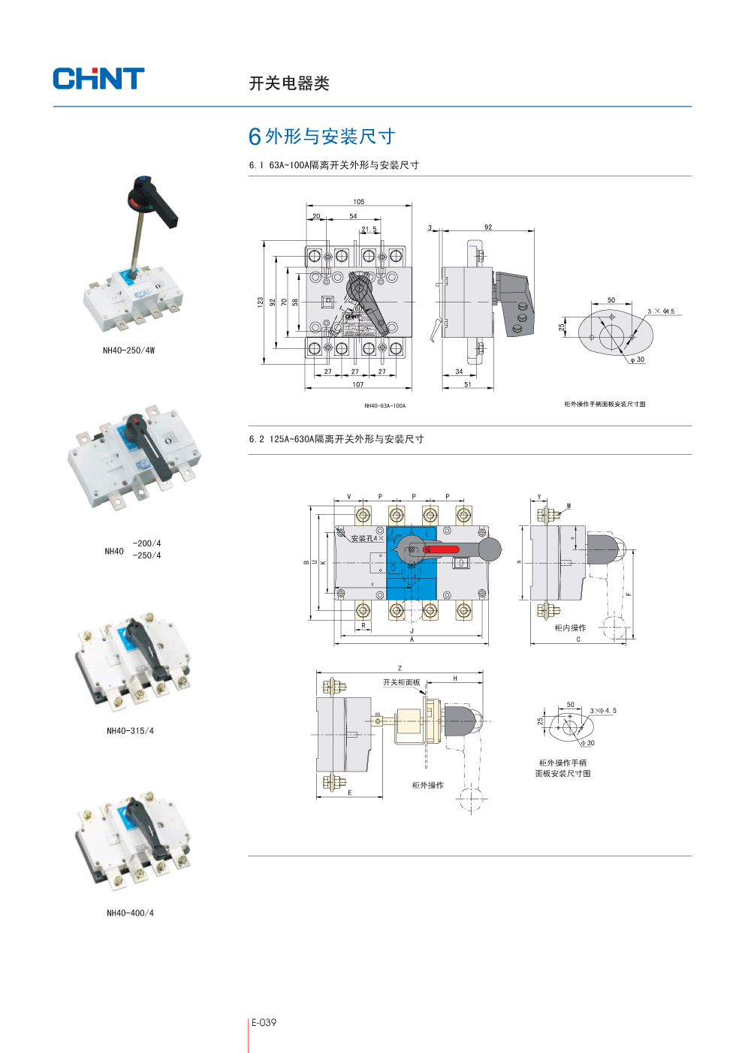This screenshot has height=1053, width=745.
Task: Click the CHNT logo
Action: [98, 79]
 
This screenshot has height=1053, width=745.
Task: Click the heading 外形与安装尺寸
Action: [330, 137]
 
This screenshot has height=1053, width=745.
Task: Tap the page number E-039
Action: [264, 1022]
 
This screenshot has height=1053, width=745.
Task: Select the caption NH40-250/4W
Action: [128, 350]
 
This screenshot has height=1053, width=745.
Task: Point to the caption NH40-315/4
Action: [130, 731]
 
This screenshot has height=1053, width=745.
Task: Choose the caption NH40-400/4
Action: [130, 913]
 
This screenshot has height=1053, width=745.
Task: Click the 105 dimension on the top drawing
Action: [359, 202]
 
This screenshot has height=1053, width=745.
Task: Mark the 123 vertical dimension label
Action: [261, 302]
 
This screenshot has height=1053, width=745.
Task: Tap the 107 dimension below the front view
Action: [358, 385]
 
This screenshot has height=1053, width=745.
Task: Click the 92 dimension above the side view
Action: [488, 227]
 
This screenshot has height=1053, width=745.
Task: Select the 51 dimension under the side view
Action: [468, 385]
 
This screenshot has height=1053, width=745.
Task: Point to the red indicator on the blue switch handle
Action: [442, 549]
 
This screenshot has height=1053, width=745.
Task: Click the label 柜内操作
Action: [570, 628]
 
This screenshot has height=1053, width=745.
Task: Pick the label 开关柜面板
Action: [401, 683]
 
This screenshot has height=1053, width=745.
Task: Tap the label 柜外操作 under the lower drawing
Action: [427, 786]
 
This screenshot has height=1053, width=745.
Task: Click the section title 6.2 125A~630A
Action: [336, 439]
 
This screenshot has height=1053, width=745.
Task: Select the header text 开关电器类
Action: [289, 83]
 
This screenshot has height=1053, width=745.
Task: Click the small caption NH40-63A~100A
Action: [385, 406]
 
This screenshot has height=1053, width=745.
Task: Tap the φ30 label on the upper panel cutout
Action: [638, 360]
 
